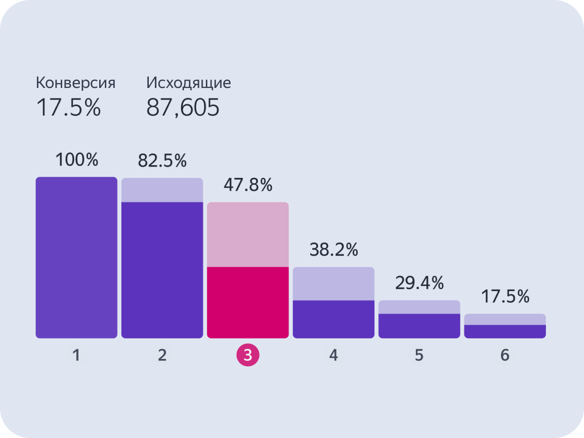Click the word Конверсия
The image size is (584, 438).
coord(75,83)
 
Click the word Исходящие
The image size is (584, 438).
coord(188,83)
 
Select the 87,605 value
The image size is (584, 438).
coord(182,108)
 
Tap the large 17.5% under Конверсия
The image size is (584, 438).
coord(68,108)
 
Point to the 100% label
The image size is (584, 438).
coord(77,161)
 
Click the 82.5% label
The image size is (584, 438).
coord(162,161)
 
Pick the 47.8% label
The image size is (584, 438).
coord(248,186)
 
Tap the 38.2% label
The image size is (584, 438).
coord(334,250)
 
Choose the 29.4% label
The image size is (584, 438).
coord(419,283)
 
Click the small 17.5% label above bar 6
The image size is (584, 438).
coord(505,297)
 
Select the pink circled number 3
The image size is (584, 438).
coord(248,356)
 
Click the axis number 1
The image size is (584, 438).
coord(76,356)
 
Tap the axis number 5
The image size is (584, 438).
coord(419,356)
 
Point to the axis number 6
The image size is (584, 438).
coord(504,356)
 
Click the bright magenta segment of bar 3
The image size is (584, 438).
coord(248,302)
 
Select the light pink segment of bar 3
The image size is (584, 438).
coord(248,234)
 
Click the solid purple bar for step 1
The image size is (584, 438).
coord(76,257)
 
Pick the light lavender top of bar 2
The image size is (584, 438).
coord(162,190)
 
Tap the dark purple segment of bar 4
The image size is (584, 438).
coord(334,319)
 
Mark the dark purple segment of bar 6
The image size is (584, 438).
coord(505,331)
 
